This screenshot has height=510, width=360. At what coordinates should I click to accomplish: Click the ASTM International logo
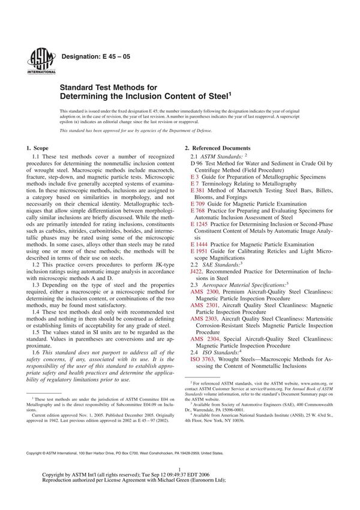[x=38, y=59]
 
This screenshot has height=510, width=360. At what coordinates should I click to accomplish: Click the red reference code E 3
[x=194, y=177]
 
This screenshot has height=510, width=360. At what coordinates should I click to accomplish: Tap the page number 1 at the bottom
[x=179, y=489]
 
